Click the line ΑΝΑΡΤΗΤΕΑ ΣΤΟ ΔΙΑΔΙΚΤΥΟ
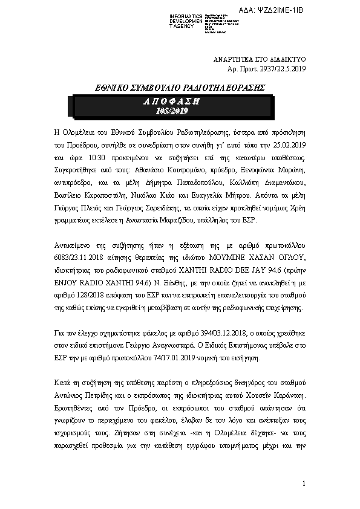(262, 59)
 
